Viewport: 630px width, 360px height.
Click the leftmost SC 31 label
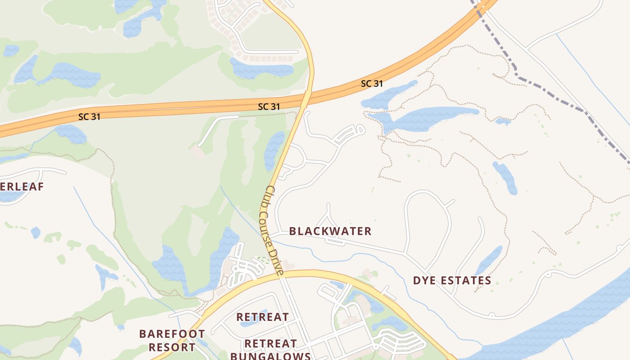89,117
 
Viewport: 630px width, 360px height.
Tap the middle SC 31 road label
269,107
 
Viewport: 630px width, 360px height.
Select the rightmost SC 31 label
372,84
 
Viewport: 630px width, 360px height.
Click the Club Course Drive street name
272,230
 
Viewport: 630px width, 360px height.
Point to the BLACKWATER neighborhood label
330,231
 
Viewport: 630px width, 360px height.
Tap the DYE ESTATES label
452,281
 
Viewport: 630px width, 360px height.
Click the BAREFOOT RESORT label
172,341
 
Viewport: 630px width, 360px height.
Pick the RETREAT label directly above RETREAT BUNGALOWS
262,317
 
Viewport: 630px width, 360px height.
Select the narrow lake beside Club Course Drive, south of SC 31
274,149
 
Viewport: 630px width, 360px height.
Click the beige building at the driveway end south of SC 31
197,152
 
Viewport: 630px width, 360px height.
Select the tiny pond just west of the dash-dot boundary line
503,121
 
